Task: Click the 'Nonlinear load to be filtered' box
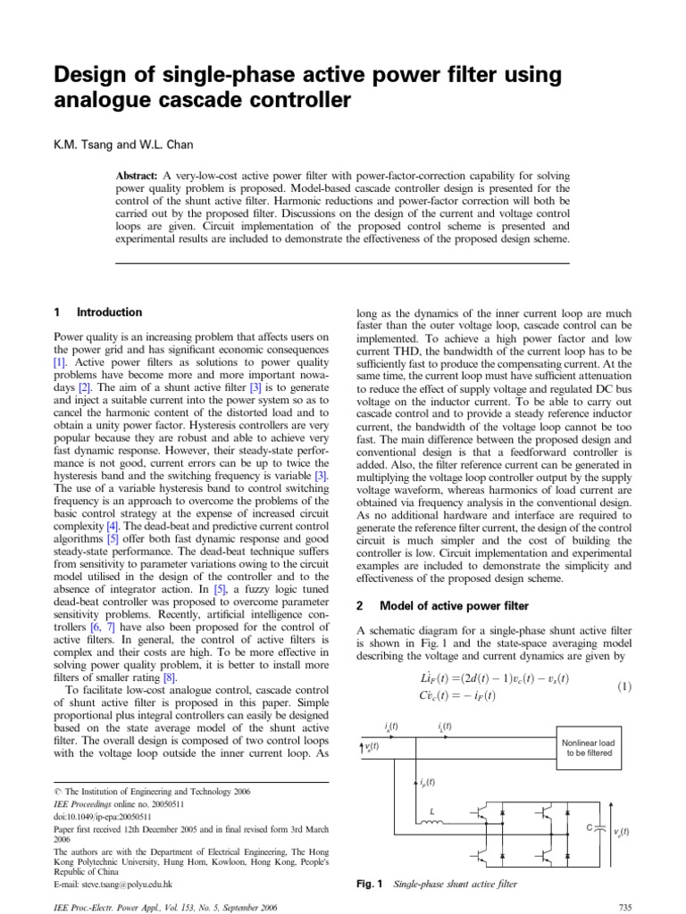[588, 747]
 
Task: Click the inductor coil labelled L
[433, 822]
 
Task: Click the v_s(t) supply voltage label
[372, 746]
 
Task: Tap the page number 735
[624, 907]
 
